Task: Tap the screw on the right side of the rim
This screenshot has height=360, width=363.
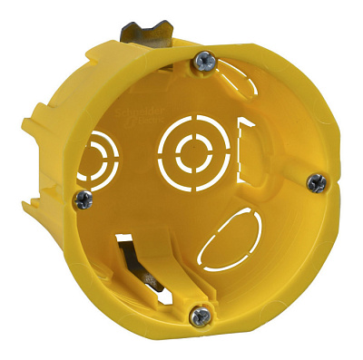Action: click(x=315, y=182)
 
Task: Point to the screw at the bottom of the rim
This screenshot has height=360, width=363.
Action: click(x=200, y=316)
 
